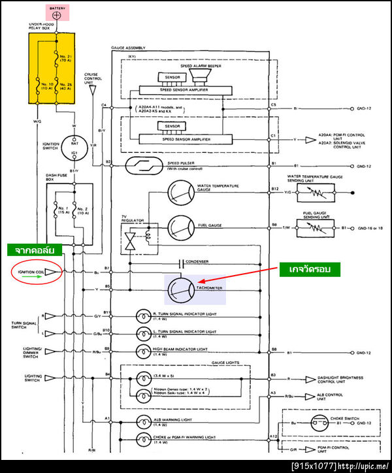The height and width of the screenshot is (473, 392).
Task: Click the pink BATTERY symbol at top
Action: pyautogui.click(x=57, y=12)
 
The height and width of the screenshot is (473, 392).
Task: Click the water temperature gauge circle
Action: pyautogui.click(x=180, y=192)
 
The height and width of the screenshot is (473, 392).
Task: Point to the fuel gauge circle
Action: pyautogui.click(x=180, y=227)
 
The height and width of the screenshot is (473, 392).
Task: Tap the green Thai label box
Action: pyautogui.click(x=34, y=249)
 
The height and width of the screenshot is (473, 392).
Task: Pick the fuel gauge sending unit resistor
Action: pyautogui.click(x=315, y=227)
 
